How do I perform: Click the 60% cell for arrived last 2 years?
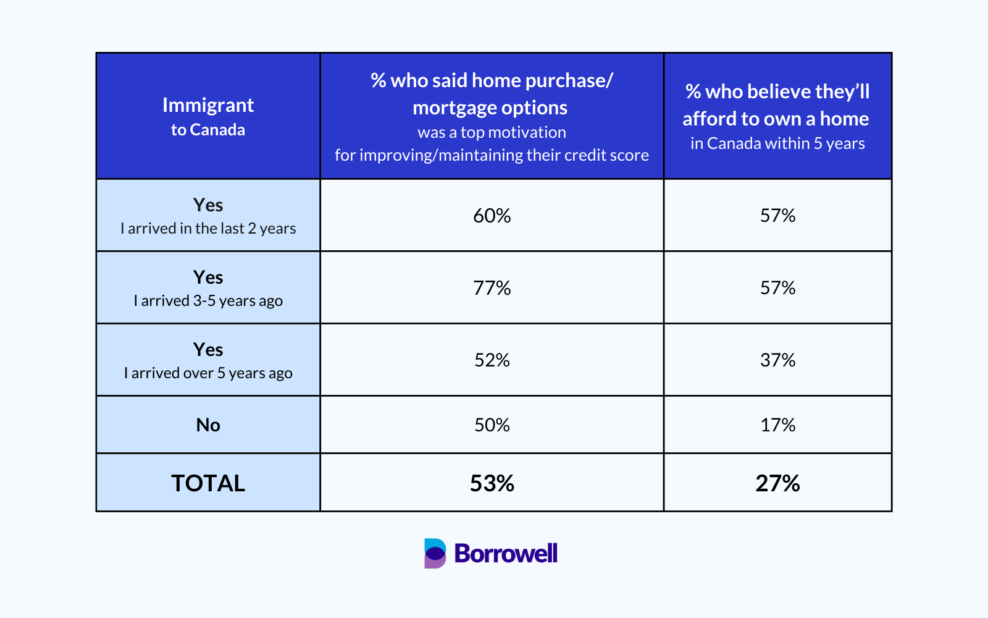(492, 216)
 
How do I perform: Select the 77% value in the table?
(492, 288)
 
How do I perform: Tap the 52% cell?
(492, 360)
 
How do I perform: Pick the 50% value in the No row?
(492, 425)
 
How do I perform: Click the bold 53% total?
(492, 483)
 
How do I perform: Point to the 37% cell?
(777, 360)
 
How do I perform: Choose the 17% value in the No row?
(777, 425)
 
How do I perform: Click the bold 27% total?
(777, 483)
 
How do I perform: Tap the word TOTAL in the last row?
(208, 483)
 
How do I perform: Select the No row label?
(208, 425)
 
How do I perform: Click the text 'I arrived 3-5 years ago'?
(208, 301)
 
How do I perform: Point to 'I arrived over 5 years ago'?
(208, 373)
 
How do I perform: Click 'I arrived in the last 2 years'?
(208, 229)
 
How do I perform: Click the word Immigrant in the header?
(208, 105)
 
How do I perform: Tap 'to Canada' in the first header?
(208, 130)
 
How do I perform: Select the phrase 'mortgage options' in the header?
(490, 108)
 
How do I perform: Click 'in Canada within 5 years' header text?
(777, 144)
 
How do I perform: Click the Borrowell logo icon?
(435, 553)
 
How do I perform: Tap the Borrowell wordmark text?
(506, 553)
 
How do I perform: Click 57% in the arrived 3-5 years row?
(777, 288)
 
